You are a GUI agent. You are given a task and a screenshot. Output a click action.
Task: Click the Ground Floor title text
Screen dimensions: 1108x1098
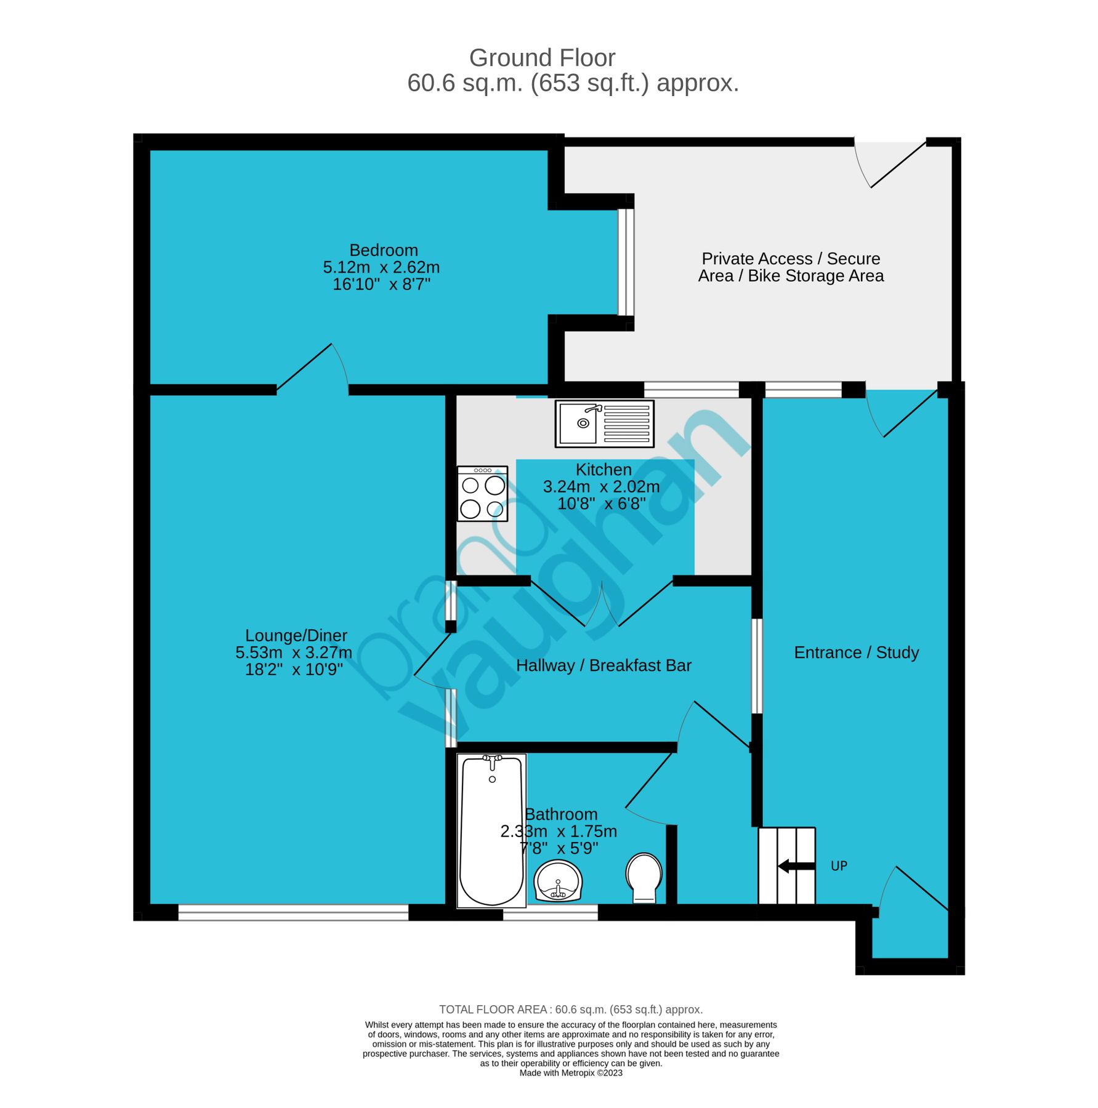542,58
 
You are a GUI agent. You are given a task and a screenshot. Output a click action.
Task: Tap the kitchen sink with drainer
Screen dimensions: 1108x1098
604,424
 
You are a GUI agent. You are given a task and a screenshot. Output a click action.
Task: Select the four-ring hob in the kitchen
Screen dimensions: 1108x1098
482,494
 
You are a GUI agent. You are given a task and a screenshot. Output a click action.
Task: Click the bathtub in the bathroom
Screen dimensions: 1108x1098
491,830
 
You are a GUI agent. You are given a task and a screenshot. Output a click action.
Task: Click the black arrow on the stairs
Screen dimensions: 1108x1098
796,866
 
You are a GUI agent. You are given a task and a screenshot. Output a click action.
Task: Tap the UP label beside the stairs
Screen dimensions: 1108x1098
839,866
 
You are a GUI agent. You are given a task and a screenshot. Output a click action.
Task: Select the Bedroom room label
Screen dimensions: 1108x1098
383,250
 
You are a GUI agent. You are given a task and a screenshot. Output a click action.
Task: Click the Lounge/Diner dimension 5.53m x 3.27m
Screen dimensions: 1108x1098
294,652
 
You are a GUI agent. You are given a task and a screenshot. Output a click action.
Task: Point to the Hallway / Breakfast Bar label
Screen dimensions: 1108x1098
603,665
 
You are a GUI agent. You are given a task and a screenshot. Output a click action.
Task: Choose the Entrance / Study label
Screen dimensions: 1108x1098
856,652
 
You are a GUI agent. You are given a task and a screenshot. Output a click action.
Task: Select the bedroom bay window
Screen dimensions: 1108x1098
626,262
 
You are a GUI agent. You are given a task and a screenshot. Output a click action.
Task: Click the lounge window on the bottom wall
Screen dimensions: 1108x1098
293,912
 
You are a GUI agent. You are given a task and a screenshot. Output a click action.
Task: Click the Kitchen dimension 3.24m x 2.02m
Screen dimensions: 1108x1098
601,487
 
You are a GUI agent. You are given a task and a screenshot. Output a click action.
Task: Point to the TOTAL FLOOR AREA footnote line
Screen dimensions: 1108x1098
570,1010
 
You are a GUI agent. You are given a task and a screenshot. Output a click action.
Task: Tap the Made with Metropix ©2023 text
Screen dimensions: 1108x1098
570,1073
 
